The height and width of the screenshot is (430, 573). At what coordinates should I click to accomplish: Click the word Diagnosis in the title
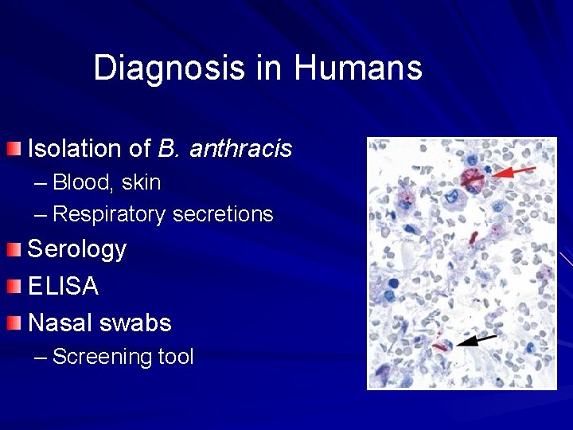(x=170, y=68)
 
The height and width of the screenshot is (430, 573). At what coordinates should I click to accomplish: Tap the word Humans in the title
(x=357, y=68)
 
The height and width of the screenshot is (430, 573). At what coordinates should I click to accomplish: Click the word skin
(x=141, y=182)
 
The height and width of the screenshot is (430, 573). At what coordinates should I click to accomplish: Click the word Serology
(x=77, y=249)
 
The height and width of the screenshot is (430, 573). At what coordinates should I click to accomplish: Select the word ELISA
(x=64, y=286)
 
